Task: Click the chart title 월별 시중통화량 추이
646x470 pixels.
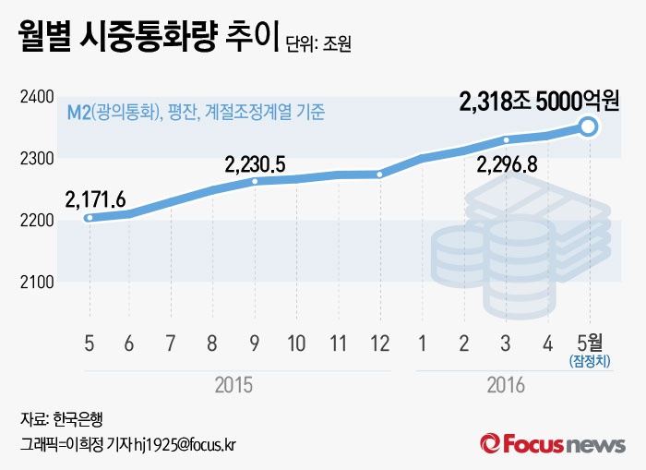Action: [138, 38]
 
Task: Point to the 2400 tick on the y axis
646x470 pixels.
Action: [36, 97]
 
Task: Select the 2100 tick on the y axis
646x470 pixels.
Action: [36, 282]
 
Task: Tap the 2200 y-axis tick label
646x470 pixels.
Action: [36, 221]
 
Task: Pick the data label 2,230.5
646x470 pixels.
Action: [255, 164]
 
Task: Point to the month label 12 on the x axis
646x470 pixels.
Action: [379, 343]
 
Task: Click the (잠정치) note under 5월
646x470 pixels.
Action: [588, 360]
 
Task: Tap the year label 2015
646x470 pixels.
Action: [233, 384]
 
